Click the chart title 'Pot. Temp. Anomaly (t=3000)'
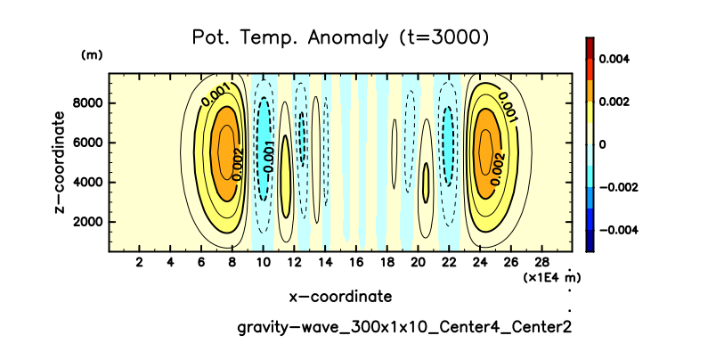coord(340,37)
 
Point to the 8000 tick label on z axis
coord(87,103)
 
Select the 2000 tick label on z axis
coord(87,222)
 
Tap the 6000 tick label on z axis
coord(87,143)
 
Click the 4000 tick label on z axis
coord(87,183)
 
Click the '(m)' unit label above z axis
coord(92,55)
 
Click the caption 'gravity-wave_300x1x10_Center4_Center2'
coord(403,327)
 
